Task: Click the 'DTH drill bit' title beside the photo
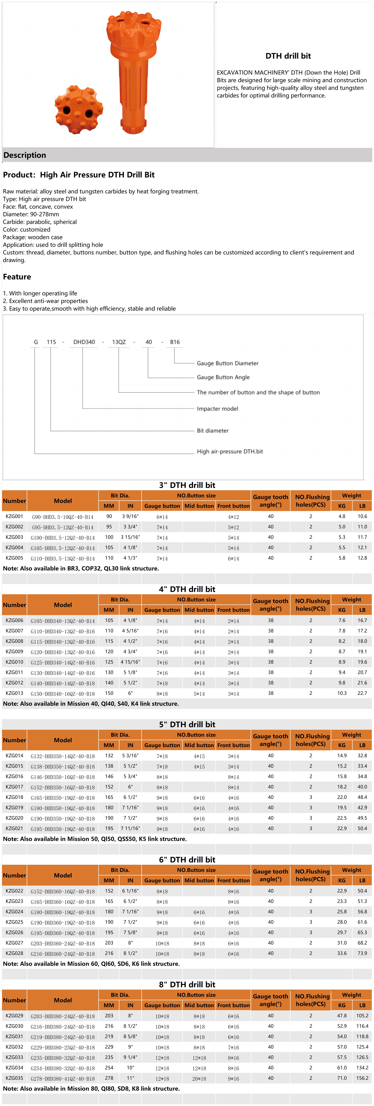[x=288, y=56]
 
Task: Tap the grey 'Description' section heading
[x=25, y=155]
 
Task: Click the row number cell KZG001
[x=14, y=516]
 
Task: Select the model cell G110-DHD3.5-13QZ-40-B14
[x=63, y=558]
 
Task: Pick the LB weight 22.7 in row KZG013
[x=362, y=693]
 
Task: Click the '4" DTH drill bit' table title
[x=187, y=589]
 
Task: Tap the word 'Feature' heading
[x=17, y=277]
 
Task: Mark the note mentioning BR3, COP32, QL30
[x=81, y=568]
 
